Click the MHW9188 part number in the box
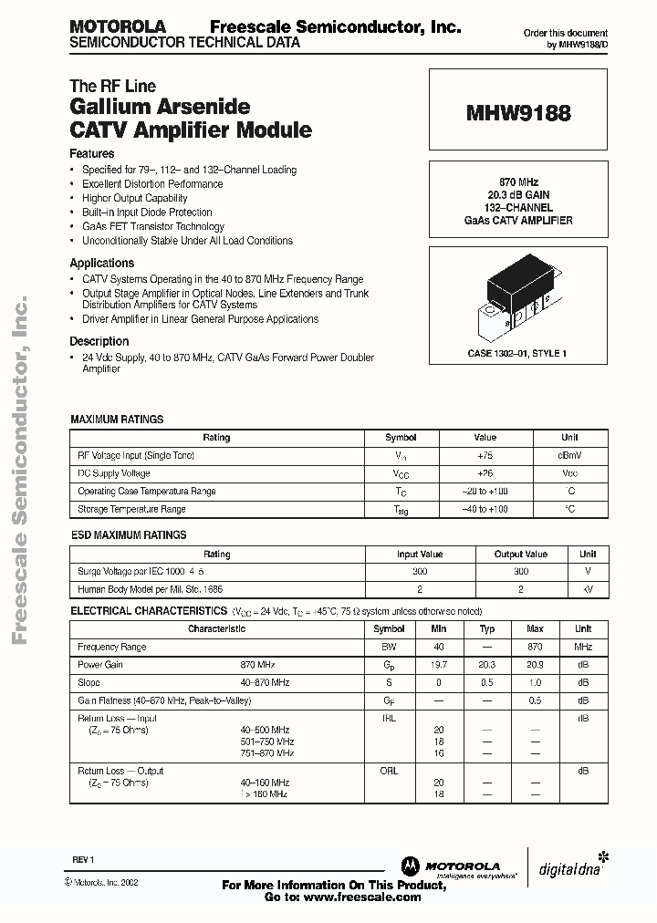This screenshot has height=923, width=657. click(518, 114)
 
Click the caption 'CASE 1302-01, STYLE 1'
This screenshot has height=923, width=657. click(517, 353)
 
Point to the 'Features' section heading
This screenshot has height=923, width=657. click(92, 154)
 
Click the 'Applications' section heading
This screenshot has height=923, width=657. click(102, 263)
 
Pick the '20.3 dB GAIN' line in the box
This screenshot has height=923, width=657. click(517, 195)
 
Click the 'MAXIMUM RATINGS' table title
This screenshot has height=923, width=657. click(117, 420)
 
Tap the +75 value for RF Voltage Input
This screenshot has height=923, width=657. click(485, 455)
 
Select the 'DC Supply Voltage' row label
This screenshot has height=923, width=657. click(114, 473)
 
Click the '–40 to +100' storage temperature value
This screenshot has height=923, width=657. click(485, 509)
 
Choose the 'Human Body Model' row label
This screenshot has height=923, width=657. click(150, 589)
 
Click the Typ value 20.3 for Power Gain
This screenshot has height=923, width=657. click(487, 665)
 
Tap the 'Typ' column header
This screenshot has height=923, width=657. click(487, 628)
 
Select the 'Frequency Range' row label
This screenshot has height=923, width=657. click(111, 647)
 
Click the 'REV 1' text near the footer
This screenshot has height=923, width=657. click(84, 860)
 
